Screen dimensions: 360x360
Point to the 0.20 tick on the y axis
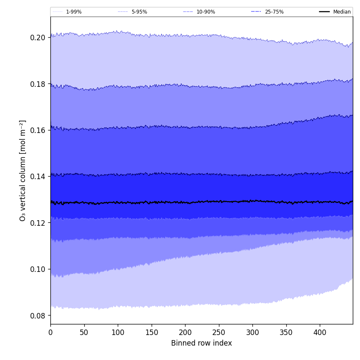(x=38, y=38)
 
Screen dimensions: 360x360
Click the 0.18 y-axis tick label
(x=38, y=84)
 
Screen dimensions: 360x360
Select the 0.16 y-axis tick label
(x=38, y=130)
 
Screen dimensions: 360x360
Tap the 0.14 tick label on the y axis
(x=38, y=177)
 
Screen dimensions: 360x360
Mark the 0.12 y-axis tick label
(x=38, y=223)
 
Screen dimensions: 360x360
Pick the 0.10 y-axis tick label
(x=38, y=269)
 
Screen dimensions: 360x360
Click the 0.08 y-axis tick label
(x=38, y=316)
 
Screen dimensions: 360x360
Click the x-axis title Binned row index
(x=202, y=343)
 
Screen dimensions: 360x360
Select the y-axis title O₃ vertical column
(x=23, y=170)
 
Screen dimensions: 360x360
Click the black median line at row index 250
(x=219, y=202)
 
